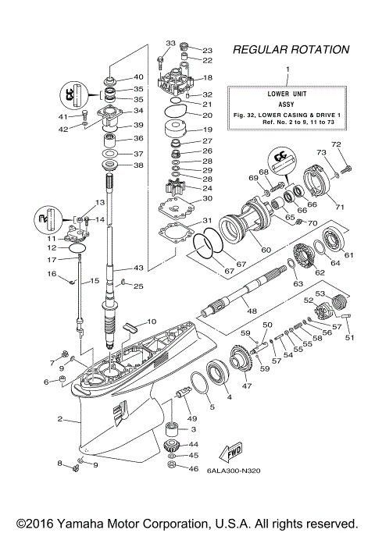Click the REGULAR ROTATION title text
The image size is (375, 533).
[x=291, y=50]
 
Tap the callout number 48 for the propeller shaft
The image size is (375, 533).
[x=252, y=310]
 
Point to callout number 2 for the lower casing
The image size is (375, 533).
[x=59, y=419]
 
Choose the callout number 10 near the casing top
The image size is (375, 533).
[x=152, y=321]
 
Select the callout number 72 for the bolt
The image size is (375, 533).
[x=337, y=144]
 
